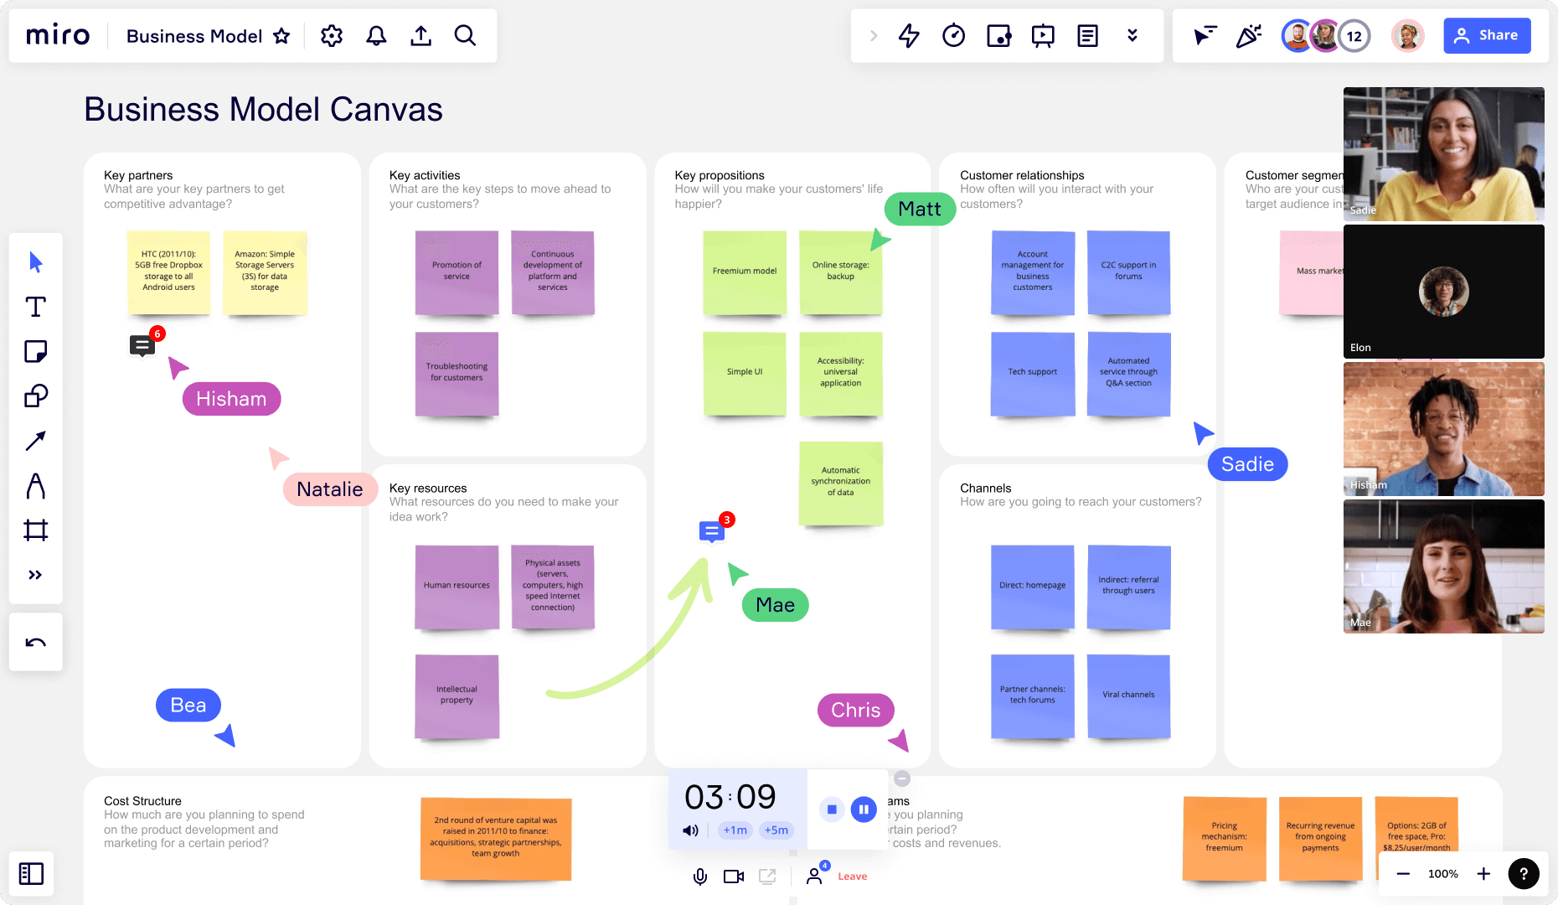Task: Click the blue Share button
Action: [1487, 35]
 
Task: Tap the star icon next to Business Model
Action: [281, 36]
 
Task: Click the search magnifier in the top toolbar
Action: [465, 35]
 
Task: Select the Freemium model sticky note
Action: [745, 272]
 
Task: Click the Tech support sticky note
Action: [1032, 373]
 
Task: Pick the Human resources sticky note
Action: [457, 587]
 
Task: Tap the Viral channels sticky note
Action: [1128, 696]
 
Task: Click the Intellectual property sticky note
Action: [457, 696]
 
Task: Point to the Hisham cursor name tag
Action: [231, 399]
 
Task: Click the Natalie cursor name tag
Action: [329, 489]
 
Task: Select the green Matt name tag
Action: [919, 209]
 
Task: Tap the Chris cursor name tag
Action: [855, 711]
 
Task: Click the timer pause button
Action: [864, 809]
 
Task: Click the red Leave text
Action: [852, 877]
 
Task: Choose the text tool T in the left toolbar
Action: [35, 307]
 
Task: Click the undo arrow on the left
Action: [35, 643]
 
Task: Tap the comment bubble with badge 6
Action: [142, 344]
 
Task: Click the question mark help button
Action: [1523, 874]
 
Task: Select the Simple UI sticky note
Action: [745, 373]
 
